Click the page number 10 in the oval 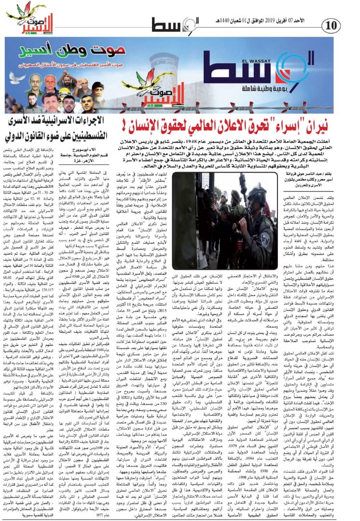[333, 24]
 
